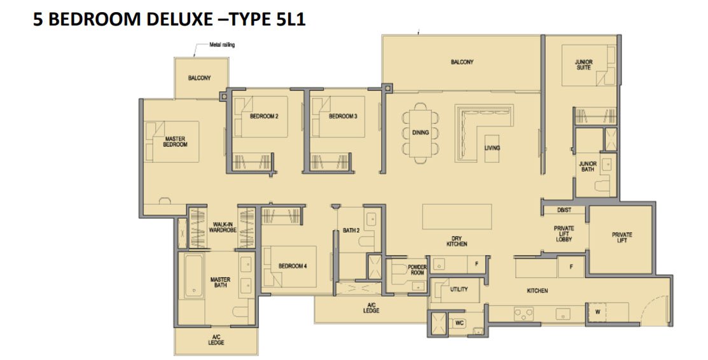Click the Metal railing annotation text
pyautogui.click(x=222, y=45)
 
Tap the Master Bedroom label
pyautogui.click(x=175, y=141)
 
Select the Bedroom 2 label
pyautogui.click(x=264, y=116)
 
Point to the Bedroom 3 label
pyautogui.click(x=343, y=116)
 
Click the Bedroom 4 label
pyautogui.click(x=293, y=266)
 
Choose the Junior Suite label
pyautogui.click(x=583, y=65)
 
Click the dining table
pyautogui.click(x=420, y=133)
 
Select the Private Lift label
pyautogui.click(x=621, y=238)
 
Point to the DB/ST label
pyautogui.click(x=564, y=210)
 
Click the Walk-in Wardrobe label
pyautogui.click(x=223, y=227)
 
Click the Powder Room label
pyautogui.click(x=417, y=270)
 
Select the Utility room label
pyautogui.click(x=459, y=289)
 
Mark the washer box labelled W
pyautogui.click(x=597, y=312)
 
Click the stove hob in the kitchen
pyautogui.click(x=524, y=314)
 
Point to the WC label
pyautogui.click(x=459, y=323)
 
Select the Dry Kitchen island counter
pyautogui.click(x=457, y=217)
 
